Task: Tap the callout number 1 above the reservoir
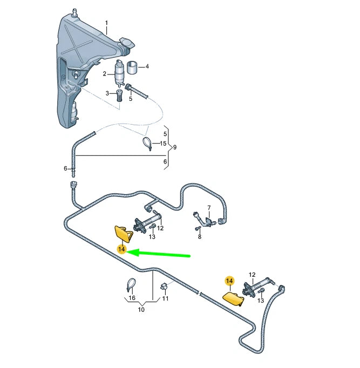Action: (106, 23)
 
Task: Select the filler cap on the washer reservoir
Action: (127, 43)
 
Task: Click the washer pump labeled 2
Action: (119, 72)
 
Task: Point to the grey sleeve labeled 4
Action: (132, 67)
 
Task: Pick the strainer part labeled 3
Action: (119, 95)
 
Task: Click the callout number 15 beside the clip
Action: (163, 144)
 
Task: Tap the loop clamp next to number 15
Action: (147, 144)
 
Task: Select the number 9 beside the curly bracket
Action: (174, 147)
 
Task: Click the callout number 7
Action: (209, 208)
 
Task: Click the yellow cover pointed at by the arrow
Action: (123, 234)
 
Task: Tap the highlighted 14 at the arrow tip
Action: (122, 249)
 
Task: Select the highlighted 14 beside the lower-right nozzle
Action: (229, 281)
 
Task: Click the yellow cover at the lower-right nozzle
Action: (233, 298)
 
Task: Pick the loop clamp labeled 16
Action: (131, 285)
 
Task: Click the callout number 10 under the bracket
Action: (141, 310)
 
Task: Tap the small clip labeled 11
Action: (164, 287)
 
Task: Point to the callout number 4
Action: (147, 67)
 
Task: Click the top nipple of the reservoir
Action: (75, 12)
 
